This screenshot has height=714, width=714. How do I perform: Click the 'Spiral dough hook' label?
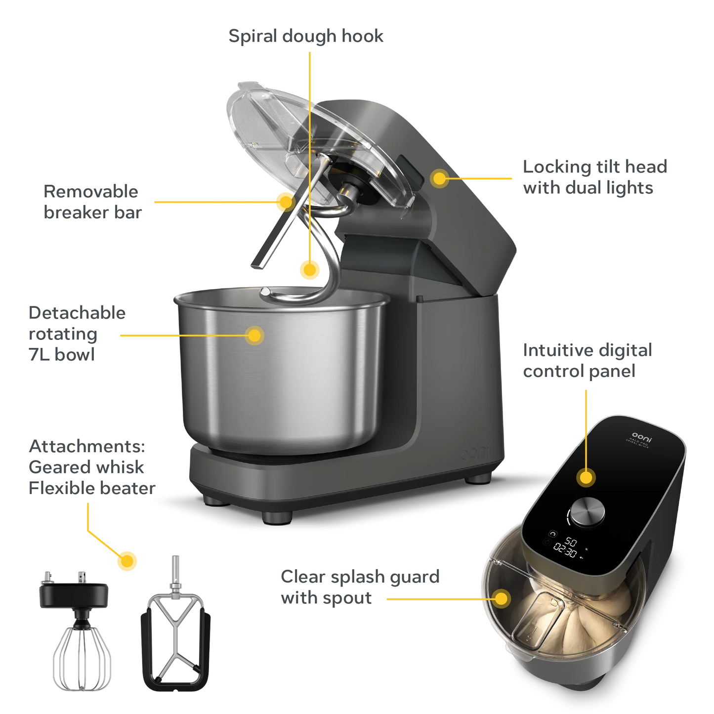coord(306,36)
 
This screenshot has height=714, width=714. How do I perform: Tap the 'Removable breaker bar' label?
coord(92,202)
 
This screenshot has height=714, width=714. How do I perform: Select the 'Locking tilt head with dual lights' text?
coord(594,177)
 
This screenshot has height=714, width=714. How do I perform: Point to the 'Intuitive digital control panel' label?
coord(587,361)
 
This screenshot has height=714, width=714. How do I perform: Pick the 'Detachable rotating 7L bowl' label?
coord(77,334)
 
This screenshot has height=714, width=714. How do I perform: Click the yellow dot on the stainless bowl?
coord(254,336)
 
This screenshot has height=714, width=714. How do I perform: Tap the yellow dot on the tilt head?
coord(439,178)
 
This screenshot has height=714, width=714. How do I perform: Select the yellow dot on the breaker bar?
coord(285,201)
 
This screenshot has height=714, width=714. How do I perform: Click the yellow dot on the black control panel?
coord(586,478)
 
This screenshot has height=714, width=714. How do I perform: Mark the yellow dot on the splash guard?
coord(501,598)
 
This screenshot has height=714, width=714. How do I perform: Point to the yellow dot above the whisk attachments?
coord(127,561)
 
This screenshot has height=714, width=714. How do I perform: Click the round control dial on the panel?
coord(587,512)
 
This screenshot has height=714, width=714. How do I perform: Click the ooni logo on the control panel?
coord(642,437)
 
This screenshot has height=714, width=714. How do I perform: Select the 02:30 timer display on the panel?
coord(564,550)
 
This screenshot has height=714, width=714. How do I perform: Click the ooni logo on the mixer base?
coord(475,452)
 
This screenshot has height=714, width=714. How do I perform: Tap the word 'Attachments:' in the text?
coord(87,446)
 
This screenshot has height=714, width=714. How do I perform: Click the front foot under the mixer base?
coord(276,517)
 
